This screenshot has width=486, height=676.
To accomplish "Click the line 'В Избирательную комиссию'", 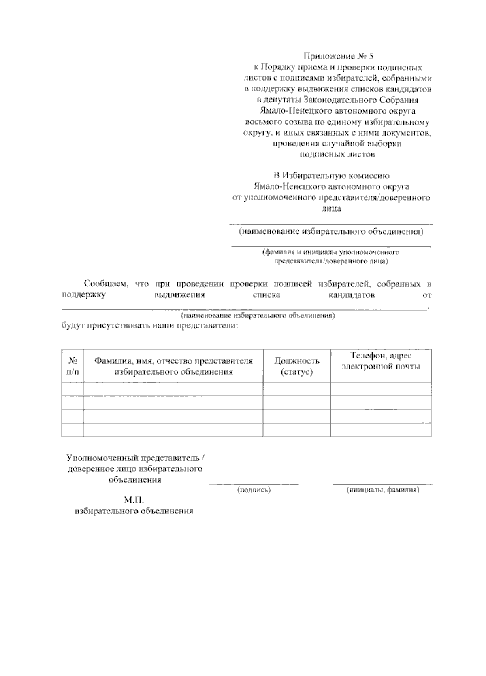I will tap(331, 176).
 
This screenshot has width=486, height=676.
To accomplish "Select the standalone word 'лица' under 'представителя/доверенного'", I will tap(331, 209).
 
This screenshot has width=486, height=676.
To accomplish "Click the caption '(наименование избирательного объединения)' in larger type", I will tap(331, 231).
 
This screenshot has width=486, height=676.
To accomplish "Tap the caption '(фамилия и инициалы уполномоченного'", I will tap(331, 252).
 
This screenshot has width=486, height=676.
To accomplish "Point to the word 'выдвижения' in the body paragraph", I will tap(179, 295).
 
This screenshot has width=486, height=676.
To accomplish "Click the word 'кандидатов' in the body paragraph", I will tap(352, 295).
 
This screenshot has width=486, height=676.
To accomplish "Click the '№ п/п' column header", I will tap(73, 366).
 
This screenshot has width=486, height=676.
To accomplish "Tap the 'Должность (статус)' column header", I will tap(297, 366).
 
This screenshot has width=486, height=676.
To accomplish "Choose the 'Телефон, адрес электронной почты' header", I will tap(381, 361).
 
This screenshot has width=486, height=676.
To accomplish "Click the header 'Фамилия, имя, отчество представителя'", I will tap(173, 361).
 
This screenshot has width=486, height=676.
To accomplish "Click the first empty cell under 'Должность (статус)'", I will tap(297, 389).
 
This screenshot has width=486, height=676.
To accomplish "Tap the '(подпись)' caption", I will tap(254, 490).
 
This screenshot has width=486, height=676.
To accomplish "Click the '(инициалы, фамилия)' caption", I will tap(383, 490).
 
